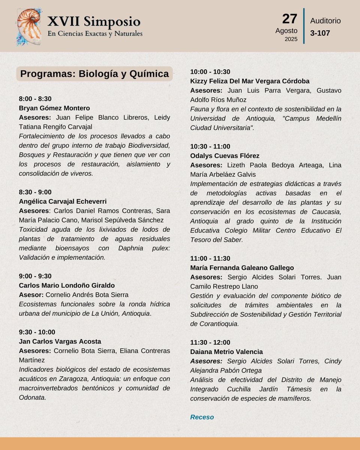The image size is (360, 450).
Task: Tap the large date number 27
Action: click(289, 19)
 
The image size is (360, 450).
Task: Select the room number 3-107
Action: click(320, 33)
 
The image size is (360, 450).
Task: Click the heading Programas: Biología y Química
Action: click(94, 74)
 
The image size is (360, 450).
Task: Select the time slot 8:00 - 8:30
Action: click(35, 99)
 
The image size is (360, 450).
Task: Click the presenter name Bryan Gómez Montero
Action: click(54, 108)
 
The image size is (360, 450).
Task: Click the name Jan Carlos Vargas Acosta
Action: click(60, 341)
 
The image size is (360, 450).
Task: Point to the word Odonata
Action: click(32, 397)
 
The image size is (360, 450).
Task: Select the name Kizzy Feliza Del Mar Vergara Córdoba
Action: click(250, 81)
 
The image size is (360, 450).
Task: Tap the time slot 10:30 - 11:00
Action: click(210, 146)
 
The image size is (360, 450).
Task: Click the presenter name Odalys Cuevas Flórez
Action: click(225, 156)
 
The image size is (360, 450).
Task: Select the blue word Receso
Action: click(202, 417)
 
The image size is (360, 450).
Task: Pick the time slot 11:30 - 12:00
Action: click(210, 342)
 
